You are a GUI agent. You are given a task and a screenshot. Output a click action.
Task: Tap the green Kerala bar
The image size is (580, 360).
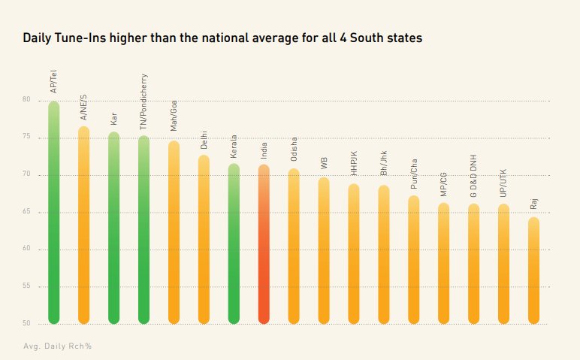point(234,244)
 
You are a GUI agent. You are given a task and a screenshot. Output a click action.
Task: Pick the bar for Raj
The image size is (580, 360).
point(533,271)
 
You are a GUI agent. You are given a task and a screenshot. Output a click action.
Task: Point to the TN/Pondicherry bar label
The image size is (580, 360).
point(143,102)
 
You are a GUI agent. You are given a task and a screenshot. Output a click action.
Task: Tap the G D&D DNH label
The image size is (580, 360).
point(473,176)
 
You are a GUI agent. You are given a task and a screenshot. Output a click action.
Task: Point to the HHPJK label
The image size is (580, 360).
point(354,164)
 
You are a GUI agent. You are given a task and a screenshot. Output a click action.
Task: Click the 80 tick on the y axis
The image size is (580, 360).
point(26,100)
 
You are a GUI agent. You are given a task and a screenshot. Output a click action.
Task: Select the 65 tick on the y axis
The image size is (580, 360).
point(26,212)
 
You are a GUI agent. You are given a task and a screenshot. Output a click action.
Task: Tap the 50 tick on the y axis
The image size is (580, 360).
point(26,324)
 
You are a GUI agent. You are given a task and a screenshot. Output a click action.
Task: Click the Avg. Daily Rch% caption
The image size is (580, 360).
point(57,346)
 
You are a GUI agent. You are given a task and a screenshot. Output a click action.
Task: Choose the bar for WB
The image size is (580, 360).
point(324,251)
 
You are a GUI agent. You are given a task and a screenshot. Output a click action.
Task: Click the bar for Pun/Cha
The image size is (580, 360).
point(413,260)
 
